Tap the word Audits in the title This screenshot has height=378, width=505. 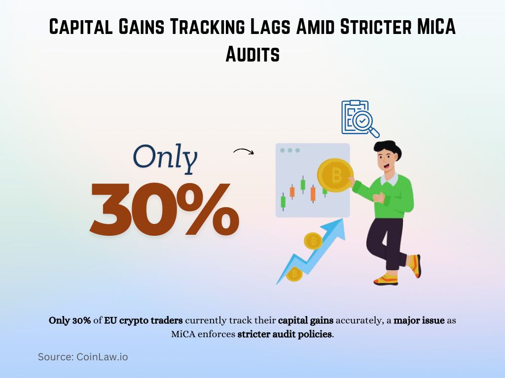[252, 54]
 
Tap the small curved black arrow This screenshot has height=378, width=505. [243, 152]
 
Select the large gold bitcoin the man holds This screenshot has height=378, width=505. [335, 175]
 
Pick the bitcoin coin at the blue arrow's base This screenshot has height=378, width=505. [294, 274]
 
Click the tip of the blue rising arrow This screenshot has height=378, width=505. [340, 224]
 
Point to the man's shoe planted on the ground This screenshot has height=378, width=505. [386, 280]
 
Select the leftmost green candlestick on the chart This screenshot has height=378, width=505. [283, 201]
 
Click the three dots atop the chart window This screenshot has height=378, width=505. [289, 150]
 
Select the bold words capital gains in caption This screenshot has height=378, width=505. [306, 320]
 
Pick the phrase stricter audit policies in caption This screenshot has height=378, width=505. [285, 334]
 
